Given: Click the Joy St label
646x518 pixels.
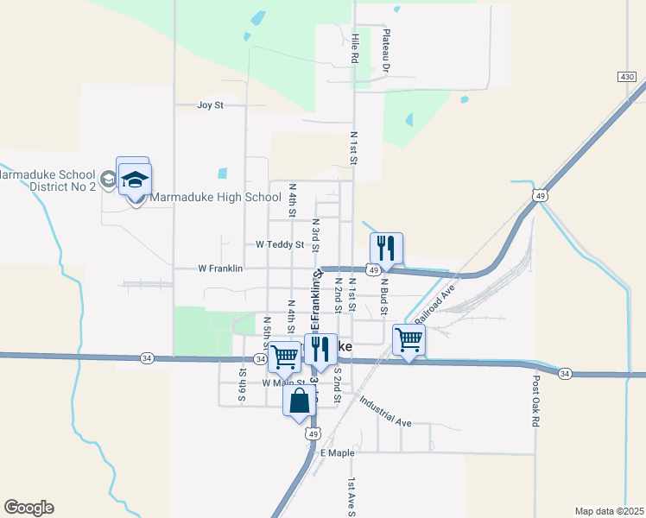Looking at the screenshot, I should coord(210,105).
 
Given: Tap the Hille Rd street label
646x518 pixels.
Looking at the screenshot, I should coord(355,47).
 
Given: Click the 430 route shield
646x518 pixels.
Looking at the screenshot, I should coord(628,78).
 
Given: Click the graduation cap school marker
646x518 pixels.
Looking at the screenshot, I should coord(134,180).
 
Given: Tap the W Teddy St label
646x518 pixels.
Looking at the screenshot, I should coord(280,244).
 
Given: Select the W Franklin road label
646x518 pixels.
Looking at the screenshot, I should coord(219,268).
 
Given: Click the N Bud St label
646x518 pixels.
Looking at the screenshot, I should coord(384,294).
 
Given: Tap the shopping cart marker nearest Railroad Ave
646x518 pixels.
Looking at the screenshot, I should coord(408,339).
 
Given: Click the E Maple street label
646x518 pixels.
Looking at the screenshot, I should coord(338,452).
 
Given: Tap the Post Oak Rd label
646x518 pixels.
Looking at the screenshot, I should coord(536,401).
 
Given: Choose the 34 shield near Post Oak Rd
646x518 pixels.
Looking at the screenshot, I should coord(564,373).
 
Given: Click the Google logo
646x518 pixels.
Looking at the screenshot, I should coord(28,508).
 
